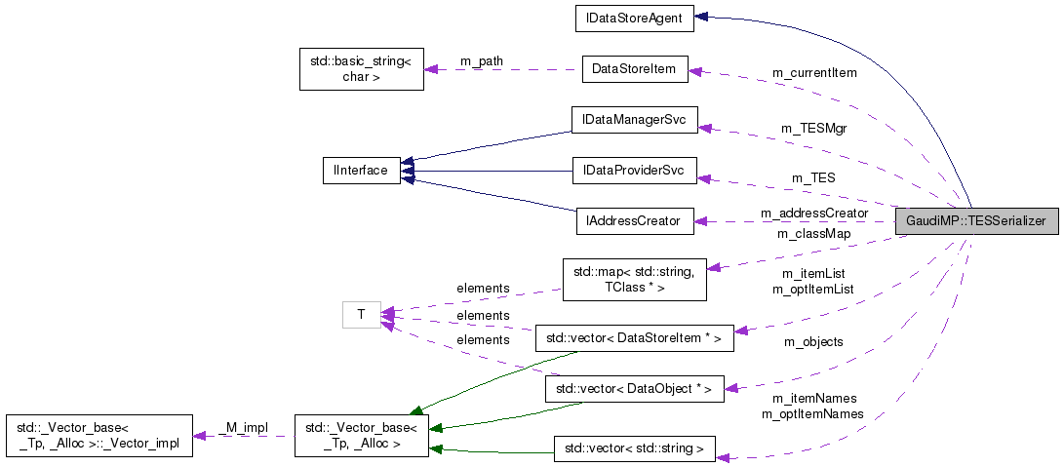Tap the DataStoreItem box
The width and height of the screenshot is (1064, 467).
634,69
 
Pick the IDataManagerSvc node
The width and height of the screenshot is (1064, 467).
634,120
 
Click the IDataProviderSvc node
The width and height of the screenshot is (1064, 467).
634,171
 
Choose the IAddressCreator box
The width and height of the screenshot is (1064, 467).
634,220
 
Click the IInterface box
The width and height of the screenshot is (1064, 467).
361,171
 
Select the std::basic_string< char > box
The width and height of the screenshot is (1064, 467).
361,69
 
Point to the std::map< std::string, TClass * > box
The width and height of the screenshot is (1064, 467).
634,280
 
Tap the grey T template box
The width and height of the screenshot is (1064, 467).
361,314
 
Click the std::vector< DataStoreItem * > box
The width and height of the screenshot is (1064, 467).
634,338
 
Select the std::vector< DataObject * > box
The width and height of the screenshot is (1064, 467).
634,389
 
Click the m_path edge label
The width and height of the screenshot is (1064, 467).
482,61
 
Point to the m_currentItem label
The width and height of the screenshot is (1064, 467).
814,73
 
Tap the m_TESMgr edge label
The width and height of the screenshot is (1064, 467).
813,128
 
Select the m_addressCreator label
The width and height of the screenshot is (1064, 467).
814,214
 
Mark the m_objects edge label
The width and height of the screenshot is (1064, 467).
813,342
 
